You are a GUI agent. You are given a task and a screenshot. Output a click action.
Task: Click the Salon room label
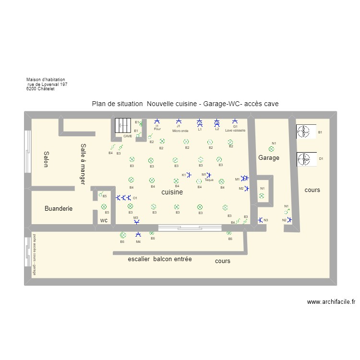46,159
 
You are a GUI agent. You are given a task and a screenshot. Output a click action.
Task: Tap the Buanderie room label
59,209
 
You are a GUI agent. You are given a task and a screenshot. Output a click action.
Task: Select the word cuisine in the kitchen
172,192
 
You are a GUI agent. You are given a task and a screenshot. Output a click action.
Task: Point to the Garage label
268,157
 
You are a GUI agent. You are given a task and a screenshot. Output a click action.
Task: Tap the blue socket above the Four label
156,121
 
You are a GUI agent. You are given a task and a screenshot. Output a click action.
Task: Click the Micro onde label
180,130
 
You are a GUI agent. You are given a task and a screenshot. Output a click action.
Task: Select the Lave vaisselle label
235,130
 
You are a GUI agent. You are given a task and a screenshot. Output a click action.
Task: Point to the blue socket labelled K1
189,175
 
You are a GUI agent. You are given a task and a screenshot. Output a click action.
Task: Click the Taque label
209,180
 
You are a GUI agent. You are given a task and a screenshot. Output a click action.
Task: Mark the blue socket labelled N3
260,220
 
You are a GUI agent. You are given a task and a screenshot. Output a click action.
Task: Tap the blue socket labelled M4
138,235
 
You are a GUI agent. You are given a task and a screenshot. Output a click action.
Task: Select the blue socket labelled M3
136,222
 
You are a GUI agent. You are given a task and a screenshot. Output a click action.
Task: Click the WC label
104,220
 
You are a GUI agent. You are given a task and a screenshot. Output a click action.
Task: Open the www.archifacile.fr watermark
331,302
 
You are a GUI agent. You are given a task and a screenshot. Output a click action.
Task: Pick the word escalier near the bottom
139,259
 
